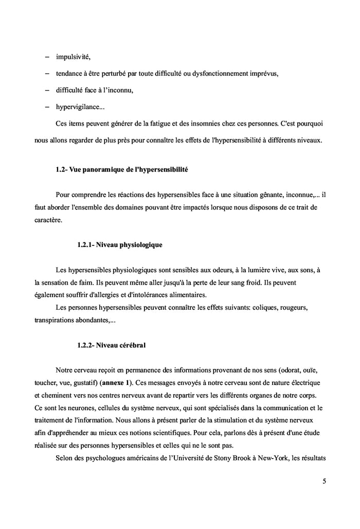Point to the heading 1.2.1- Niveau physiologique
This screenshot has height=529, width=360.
(x=119, y=245)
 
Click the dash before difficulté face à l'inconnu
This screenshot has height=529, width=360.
(x=47, y=90)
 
